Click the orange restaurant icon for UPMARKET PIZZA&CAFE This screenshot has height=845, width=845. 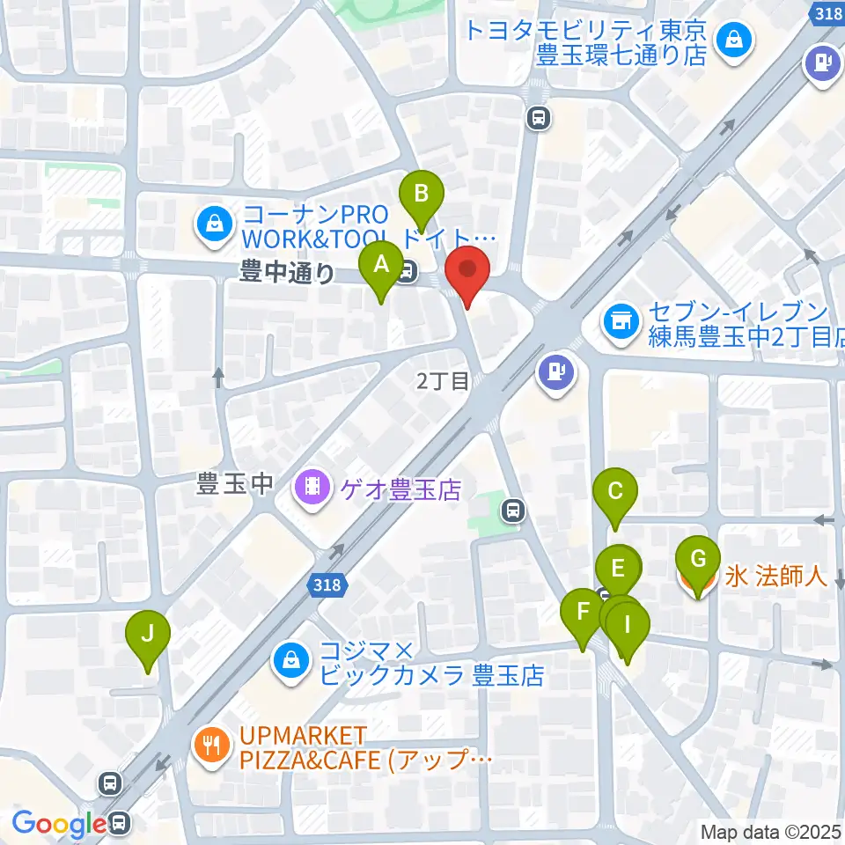[x=209, y=747]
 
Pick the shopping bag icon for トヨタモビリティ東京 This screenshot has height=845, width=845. [x=731, y=38]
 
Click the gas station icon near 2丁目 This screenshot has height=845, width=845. [x=556, y=371]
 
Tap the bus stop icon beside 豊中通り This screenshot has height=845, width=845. [x=406, y=275]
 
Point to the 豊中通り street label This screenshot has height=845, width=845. [x=287, y=275]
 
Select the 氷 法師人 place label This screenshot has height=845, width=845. [x=775, y=577]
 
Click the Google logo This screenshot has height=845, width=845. [x=58, y=824]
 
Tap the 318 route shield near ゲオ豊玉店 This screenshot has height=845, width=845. [x=327, y=584]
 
